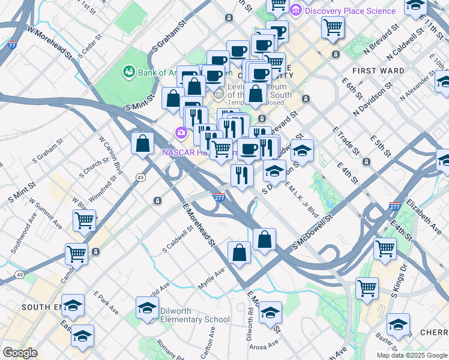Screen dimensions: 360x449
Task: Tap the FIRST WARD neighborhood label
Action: [x=378, y=71]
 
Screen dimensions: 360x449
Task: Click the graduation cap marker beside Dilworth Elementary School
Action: [x=147, y=308]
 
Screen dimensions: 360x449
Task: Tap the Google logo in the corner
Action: [x=20, y=353]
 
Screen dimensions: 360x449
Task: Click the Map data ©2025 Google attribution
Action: [x=412, y=355]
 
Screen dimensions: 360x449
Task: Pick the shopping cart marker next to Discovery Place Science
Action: [x=332, y=26]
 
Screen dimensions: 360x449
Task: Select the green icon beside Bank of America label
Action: [x=128, y=73]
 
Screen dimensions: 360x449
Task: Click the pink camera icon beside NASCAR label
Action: [x=179, y=132]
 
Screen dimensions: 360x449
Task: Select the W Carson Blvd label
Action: [x=110, y=154]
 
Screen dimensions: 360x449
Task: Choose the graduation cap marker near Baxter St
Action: [x=397, y=325]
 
